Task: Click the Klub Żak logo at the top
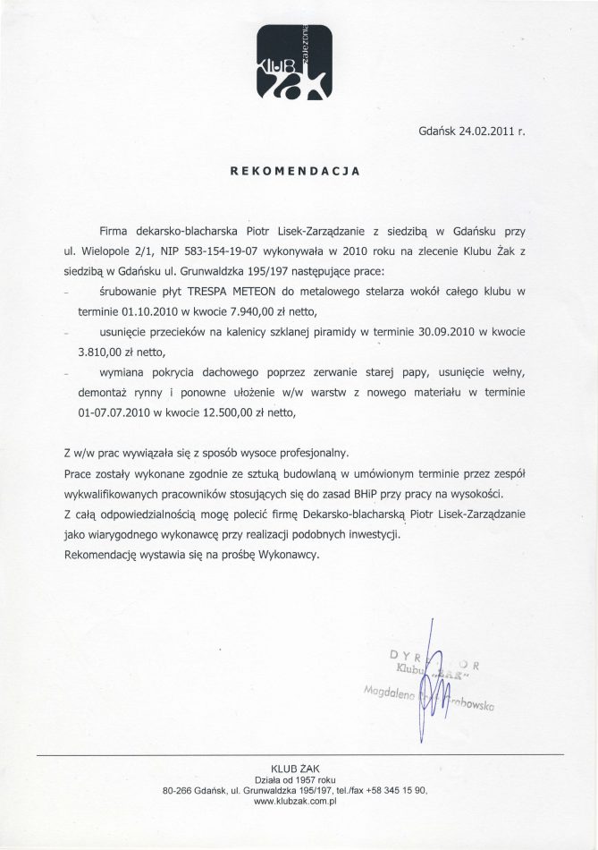click(294, 61)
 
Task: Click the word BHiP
click(358, 494)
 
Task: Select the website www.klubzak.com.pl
click(294, 802)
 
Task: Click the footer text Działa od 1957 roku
click(294, 780)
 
